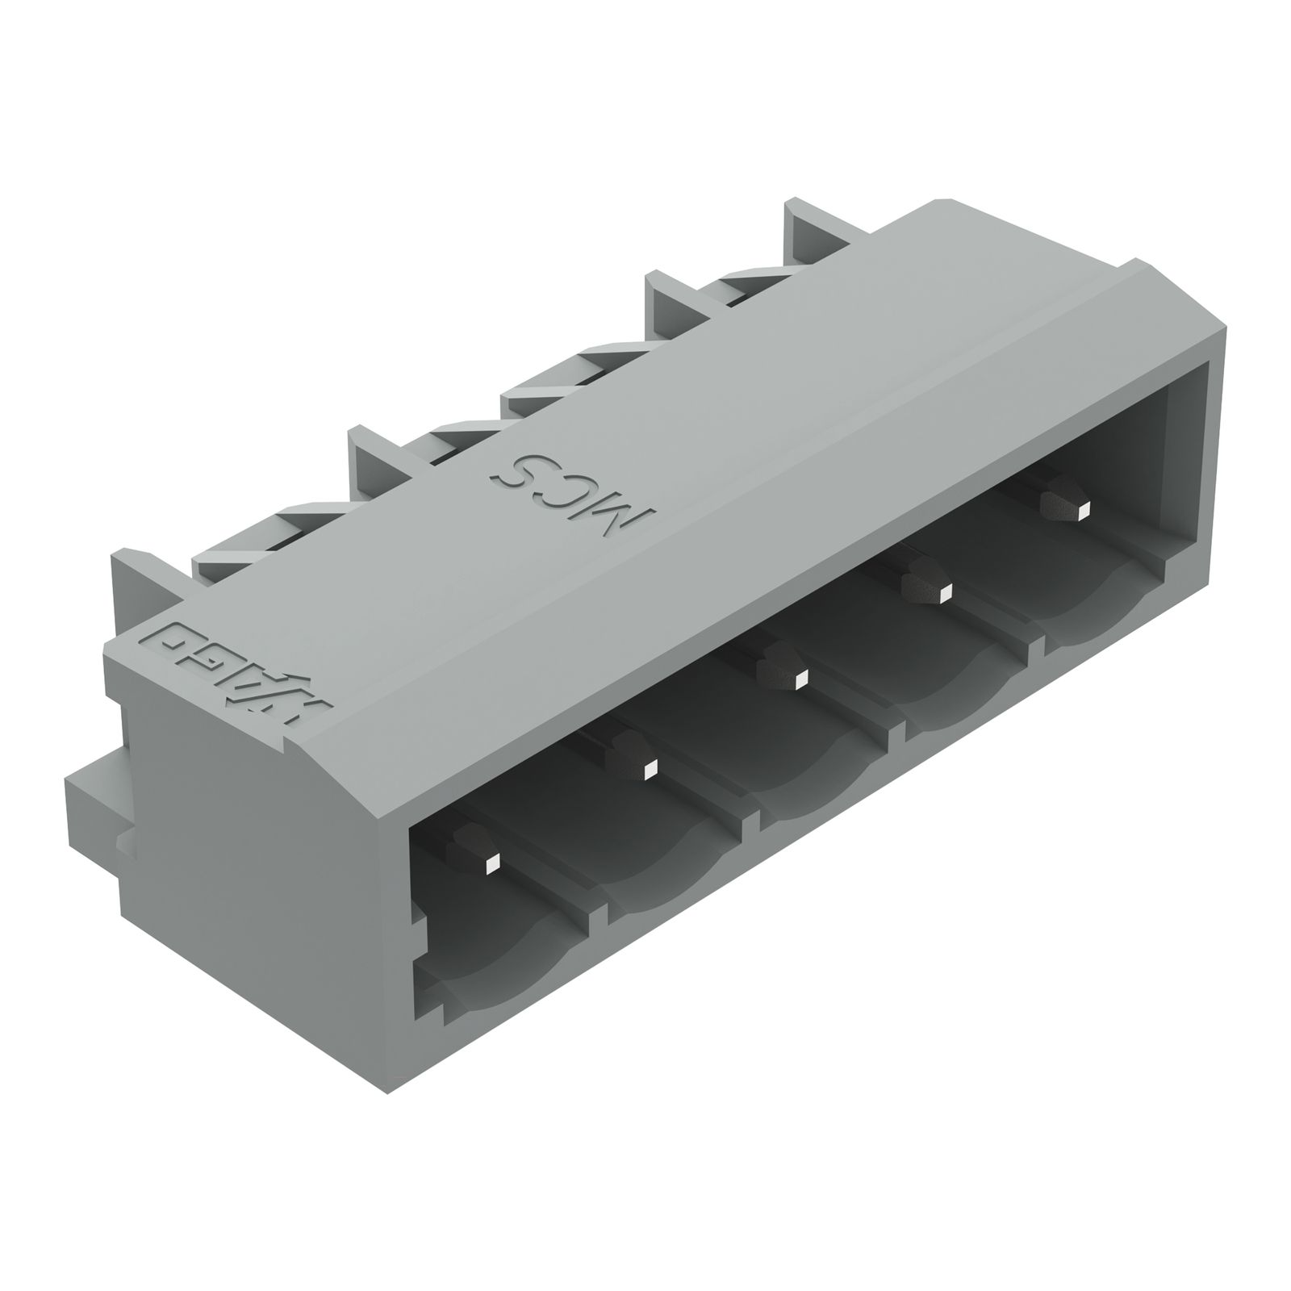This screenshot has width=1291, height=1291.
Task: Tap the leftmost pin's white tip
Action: coord(491,867)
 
